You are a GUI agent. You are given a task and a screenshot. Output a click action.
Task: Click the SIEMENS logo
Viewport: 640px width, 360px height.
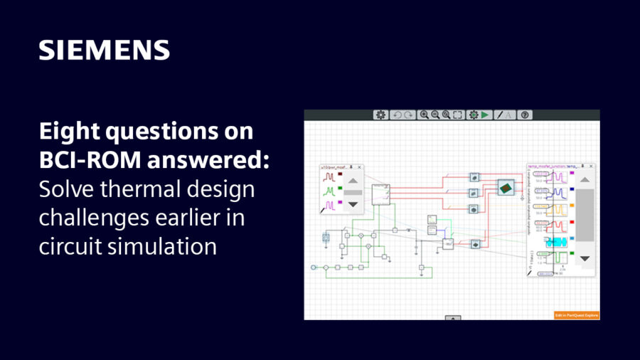click(x=104, y=50)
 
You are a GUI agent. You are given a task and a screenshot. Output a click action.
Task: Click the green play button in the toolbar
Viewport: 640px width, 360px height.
click(x=485, y=115)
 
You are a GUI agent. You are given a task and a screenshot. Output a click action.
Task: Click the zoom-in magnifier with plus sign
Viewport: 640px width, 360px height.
click(x=424, y=115)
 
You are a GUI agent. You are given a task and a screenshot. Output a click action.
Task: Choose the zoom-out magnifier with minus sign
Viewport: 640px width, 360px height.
click(x=434, y=115)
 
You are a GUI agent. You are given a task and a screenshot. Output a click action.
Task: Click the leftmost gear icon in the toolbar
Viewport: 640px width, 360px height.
click(x=380, y=115)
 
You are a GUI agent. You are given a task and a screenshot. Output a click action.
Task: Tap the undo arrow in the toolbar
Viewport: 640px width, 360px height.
click(x=398, y=115)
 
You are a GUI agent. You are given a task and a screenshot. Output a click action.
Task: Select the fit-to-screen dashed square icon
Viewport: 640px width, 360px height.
click(x=457, y=115)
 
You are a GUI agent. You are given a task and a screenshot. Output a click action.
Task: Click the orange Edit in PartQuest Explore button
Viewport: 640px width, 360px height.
click(x=577, y=314)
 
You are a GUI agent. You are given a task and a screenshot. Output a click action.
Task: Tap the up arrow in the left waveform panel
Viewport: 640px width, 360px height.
click(x=353, y=180)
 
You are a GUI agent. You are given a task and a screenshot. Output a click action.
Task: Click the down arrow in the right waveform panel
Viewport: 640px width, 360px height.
click(x=585, y=259)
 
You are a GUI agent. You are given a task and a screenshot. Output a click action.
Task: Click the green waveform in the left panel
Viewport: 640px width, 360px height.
click(x=330, y=191)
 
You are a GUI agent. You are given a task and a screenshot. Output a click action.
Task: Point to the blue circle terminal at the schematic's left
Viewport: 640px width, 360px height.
click(x=314, y=268)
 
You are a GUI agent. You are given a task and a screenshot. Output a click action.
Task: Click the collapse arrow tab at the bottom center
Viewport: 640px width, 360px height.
click(x=452, y=317)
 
